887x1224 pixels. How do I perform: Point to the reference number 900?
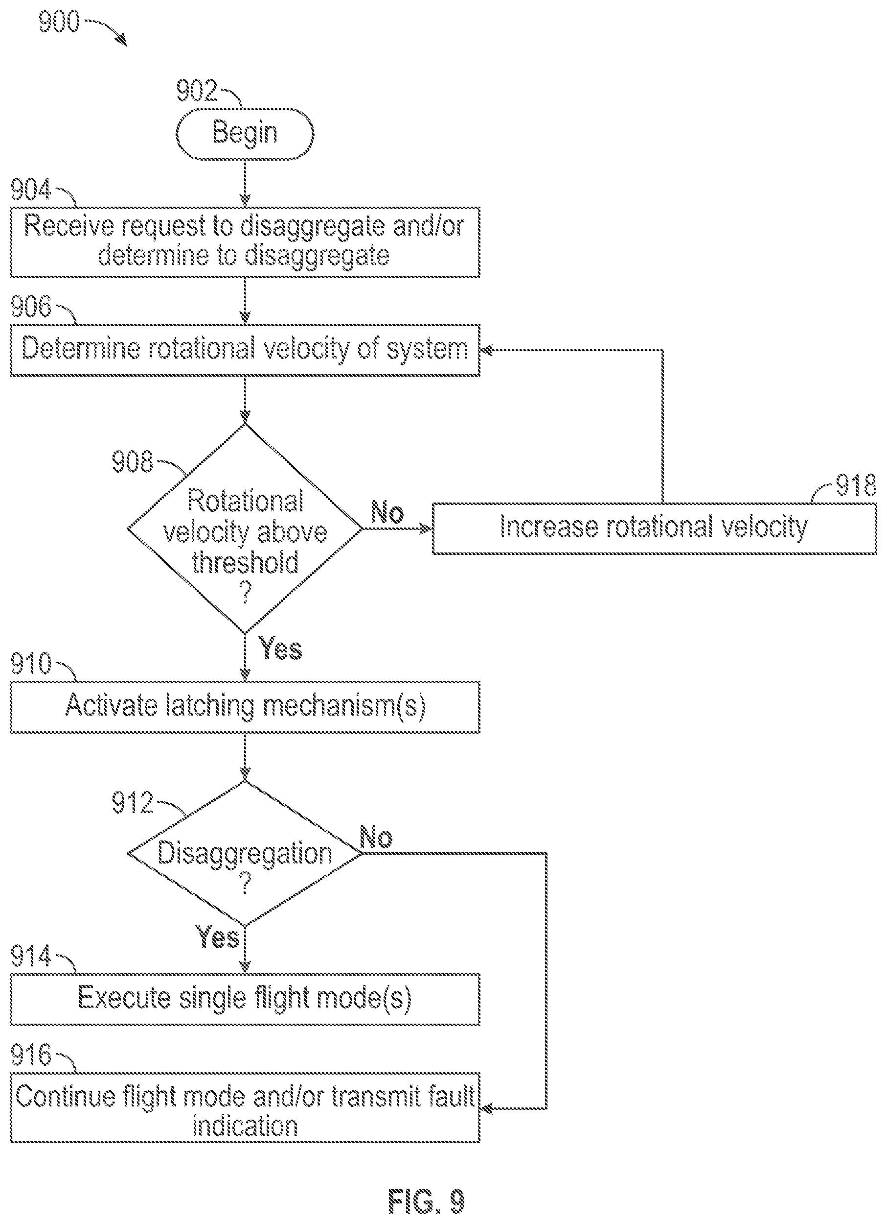(x=59, y=22)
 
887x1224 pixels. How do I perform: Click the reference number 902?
(x=197, y=91)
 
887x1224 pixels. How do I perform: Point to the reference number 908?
(x=133, y=462)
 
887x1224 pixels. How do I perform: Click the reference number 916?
(x=31, y=1055)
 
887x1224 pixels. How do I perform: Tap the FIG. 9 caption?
(x=426, y=1201)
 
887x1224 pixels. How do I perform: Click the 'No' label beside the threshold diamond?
(x=387, y=512)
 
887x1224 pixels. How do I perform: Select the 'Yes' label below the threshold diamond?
(x=280, y=648)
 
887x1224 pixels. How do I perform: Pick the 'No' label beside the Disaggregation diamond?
(x=376, y=838)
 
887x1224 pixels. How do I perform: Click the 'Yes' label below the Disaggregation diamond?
(x=217, y=937)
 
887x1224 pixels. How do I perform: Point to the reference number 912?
(x=133, y=803)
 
